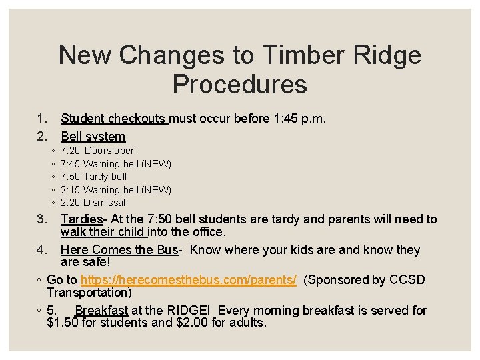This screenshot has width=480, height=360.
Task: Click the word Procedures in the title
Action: click(239, 85)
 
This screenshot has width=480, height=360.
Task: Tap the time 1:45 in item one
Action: click(289, 119)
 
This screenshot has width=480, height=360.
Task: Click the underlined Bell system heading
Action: click(93, 137)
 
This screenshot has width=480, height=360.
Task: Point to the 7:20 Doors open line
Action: click(98, 151)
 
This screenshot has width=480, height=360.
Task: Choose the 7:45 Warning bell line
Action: click(115, 164)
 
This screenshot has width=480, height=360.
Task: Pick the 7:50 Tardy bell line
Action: click(93, 177)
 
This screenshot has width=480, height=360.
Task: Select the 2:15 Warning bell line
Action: click(115, 190)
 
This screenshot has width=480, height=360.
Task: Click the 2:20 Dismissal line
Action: click(93, 203)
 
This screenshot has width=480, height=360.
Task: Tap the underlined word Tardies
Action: click(81, 219)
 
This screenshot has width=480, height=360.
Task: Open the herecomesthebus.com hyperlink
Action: click(189, 280)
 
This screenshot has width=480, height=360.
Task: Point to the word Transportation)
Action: click(89, 293)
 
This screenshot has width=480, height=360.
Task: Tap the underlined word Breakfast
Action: click(101, 311)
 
